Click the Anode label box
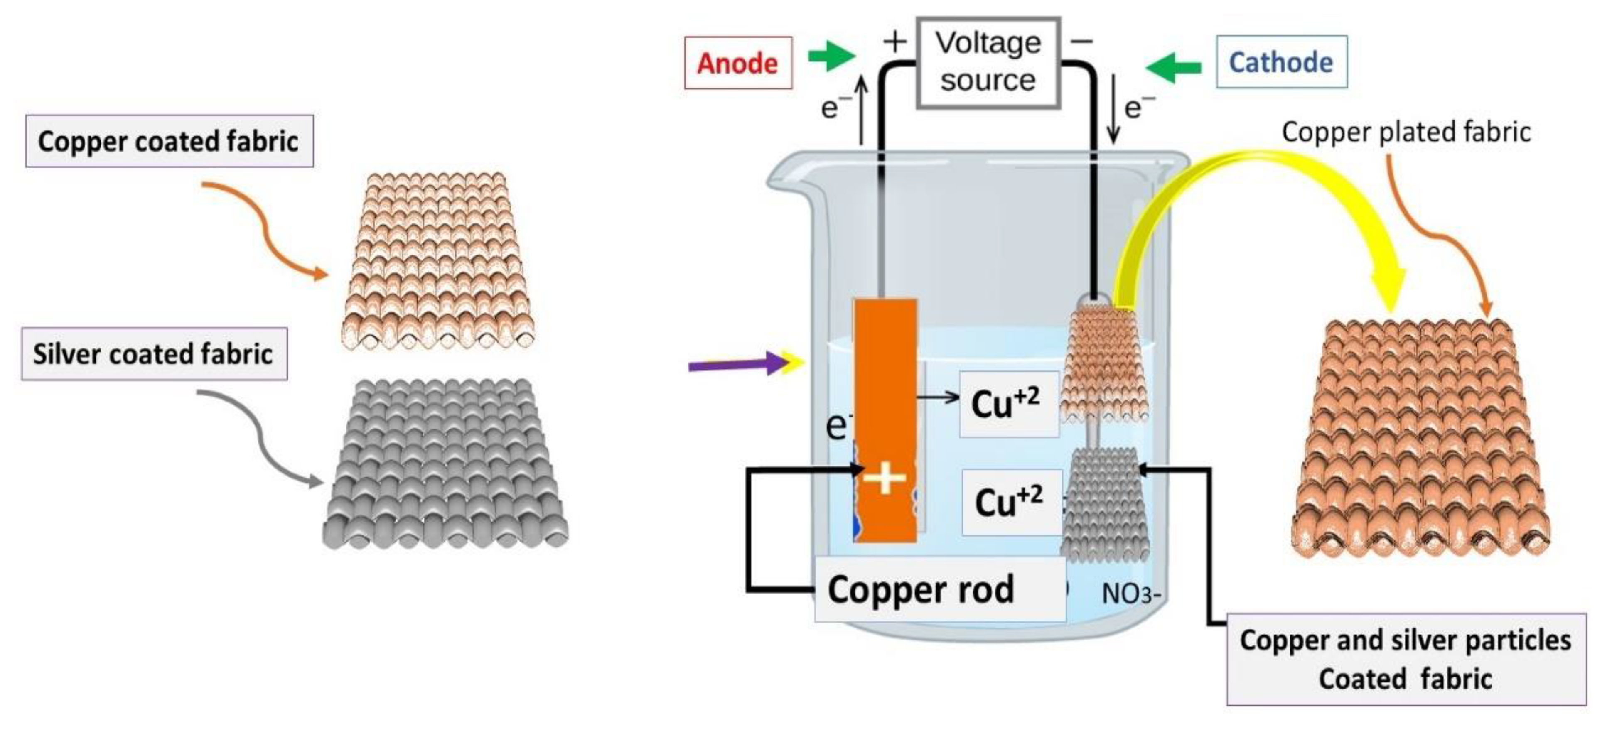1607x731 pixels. click(x=738, y=63)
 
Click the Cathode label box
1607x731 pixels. click(x=1281, y=62)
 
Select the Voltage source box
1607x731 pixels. click(x=988, y=62)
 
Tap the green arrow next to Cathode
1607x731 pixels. click(x=1173, y=67)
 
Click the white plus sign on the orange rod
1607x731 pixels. click(x=884, y=479)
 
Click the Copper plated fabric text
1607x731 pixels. click(x=1406, y=132)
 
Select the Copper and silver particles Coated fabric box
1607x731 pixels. click(x=1406, y=659)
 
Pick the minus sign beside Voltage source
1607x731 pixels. click(x=1082, y=41)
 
